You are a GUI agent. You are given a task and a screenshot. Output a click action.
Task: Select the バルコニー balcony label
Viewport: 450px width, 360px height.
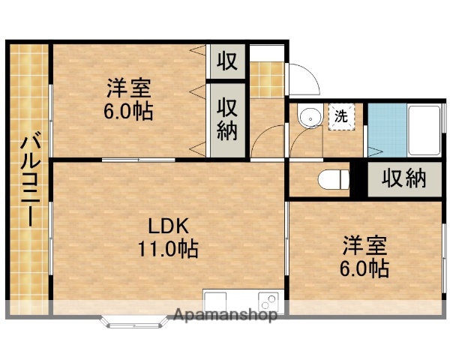[29, 180]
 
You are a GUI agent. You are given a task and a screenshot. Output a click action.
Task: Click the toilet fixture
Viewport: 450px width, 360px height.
[334, 180]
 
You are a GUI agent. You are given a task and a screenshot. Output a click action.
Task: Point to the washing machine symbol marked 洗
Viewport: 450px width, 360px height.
[340, 117]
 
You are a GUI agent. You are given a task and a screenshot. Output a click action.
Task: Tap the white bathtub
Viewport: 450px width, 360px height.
[425, 128]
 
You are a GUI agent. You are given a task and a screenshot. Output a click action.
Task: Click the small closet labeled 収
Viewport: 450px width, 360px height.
[227, 61]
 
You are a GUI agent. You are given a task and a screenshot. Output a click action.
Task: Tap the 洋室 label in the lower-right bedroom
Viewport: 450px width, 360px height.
[366, 245]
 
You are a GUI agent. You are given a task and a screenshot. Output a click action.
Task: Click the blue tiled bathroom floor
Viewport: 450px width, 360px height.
[386, 129]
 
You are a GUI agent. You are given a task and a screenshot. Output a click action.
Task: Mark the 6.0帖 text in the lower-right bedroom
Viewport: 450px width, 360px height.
[366, 268]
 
